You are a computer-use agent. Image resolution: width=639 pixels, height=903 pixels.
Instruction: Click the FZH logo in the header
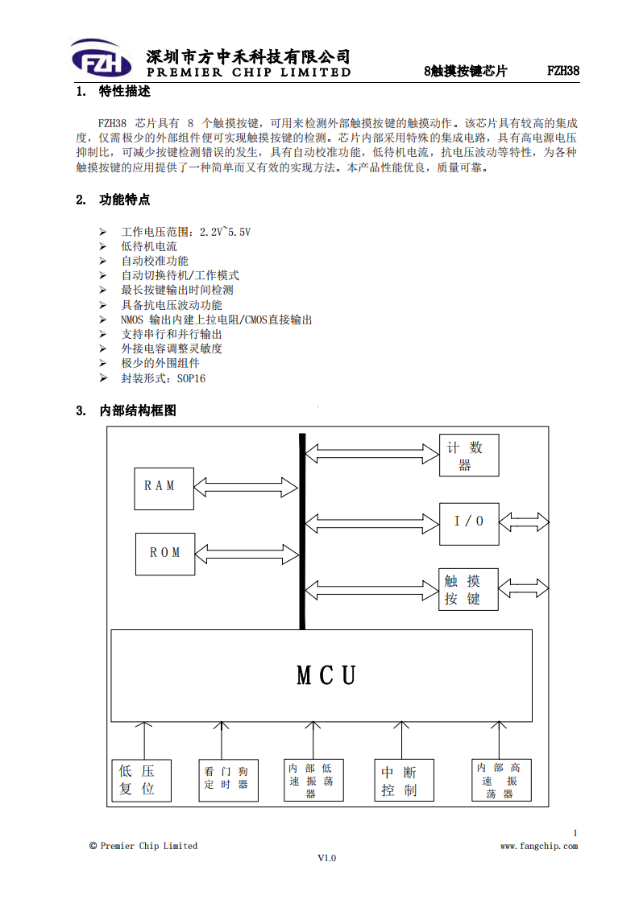[102, 59]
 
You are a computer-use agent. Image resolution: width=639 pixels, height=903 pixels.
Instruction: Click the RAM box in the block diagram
[164, 489]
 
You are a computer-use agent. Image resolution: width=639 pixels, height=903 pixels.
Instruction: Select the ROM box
[165, 554]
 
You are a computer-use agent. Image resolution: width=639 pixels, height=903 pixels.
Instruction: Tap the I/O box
[469, 524]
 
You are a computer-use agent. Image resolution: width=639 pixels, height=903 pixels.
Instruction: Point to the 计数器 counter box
[469, 456]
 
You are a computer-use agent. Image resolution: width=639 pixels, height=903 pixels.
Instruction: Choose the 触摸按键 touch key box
[468, 589]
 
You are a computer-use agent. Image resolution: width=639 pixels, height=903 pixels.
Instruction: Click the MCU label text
[326, 675]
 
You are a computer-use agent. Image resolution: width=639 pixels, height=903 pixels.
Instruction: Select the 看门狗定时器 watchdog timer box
[228, 781]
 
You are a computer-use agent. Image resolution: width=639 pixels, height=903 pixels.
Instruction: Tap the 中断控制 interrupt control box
[404, 781]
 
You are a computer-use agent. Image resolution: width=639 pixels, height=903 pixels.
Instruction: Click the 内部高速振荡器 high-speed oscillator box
[501, 781]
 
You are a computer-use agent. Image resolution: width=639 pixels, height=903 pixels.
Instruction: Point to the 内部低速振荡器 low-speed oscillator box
[313, 781]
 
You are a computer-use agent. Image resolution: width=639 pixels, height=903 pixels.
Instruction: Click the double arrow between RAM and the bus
[246, 487]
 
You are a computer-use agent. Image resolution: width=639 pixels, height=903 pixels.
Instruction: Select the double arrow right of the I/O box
[524, 522]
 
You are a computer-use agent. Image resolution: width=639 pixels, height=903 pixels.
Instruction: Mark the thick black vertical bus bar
[302, 531]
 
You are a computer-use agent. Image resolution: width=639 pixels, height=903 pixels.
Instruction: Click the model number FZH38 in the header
[563, 71]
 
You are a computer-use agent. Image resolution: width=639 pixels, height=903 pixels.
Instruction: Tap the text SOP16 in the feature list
[191, 378]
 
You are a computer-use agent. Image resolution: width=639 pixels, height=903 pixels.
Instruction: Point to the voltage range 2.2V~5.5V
[225, 232]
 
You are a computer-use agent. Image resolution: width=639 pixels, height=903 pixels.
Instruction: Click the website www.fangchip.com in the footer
[538, 846]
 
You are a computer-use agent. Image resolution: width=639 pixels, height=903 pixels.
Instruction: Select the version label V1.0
[326, 858]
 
